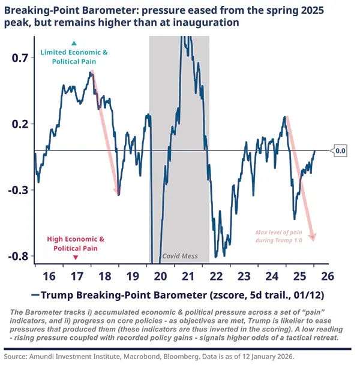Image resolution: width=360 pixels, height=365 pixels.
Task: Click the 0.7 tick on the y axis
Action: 20,58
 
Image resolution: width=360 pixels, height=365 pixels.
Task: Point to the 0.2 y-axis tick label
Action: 20,124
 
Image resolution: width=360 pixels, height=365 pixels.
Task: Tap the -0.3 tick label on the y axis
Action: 19,190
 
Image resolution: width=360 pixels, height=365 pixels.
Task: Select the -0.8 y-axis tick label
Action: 19,256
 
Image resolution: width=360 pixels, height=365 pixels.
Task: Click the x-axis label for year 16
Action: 49,276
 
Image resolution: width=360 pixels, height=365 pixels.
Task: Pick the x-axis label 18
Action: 105,276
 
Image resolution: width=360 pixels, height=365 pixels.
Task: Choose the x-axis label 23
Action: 244,276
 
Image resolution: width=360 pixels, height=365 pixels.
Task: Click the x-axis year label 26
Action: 327,276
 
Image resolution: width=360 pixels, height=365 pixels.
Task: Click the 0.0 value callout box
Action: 340,151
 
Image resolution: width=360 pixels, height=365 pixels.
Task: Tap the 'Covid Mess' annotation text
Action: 180,256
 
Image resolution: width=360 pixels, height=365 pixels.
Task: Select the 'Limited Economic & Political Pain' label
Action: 74,56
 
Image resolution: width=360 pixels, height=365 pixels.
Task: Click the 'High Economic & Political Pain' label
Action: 76,243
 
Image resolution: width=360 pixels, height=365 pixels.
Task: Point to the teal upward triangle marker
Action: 74,43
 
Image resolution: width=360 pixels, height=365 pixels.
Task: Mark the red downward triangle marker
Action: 76,257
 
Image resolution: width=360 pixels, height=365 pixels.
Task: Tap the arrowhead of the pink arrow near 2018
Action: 118,192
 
